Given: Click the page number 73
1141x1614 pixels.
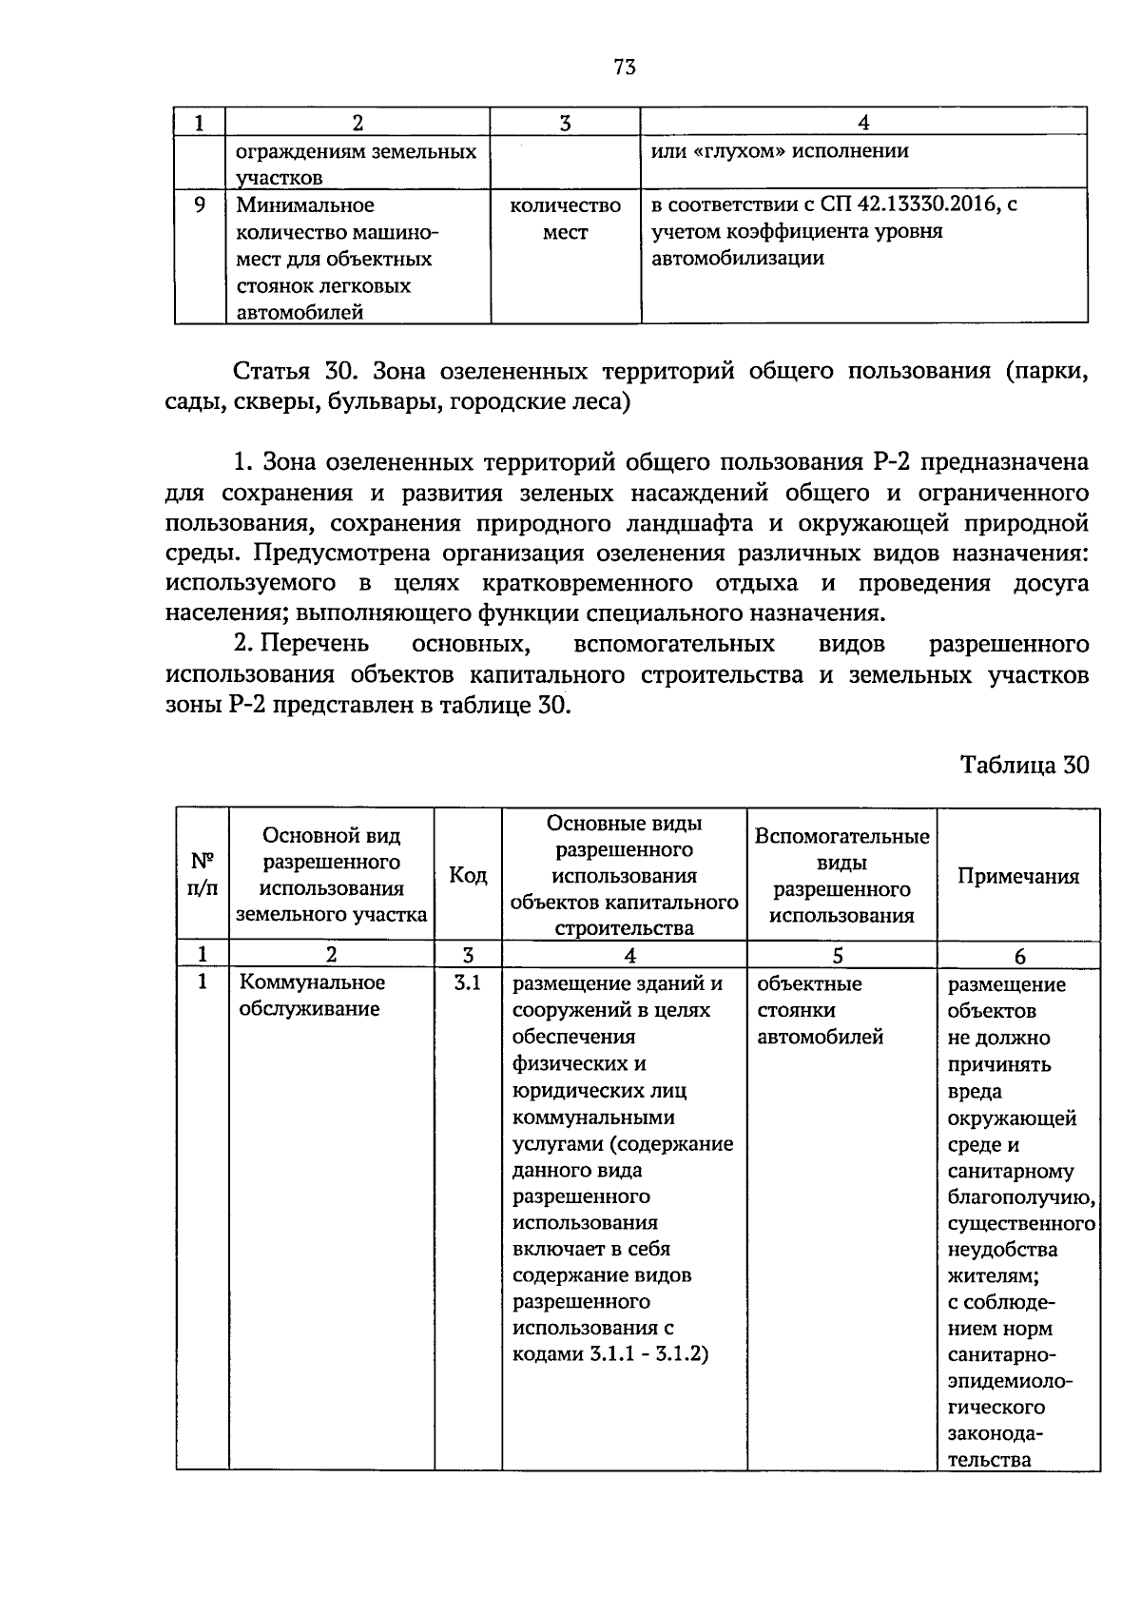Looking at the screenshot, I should click(x=624, y=67).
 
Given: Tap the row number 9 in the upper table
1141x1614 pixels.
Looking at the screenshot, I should click(x=199, y=204).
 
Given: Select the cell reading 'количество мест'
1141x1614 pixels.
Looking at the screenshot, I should click(x=565, y=219).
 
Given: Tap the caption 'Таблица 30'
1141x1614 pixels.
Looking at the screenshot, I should click(x=1023, y=765).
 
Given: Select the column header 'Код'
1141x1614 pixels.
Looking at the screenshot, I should click(x=468, y=875).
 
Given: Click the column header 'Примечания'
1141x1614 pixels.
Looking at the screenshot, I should click(x=1017, y=876).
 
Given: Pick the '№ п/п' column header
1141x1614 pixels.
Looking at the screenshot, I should click(x=203, y=875).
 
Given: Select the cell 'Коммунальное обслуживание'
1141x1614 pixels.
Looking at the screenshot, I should click(x=312, y=996).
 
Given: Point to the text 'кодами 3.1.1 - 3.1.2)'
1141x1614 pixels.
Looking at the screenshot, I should click(x=610, y=1354).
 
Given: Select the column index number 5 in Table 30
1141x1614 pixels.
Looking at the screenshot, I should click(x=838, y=956).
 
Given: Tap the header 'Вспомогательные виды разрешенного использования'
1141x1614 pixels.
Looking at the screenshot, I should click(x=841, y=875).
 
